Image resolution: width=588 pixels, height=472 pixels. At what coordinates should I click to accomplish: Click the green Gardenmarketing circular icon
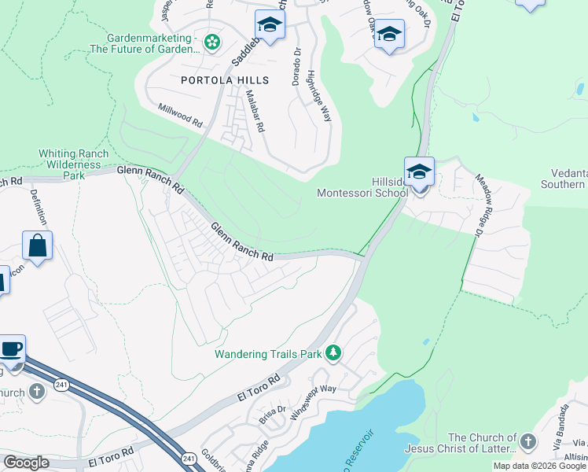[x=212, y=42]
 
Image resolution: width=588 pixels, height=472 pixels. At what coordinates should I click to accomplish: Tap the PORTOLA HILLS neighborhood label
[x=225, y=80]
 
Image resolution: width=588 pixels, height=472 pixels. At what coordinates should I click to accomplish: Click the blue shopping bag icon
[x=37, y=246]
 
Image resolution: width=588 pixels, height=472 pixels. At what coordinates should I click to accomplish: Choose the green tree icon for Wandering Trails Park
[x=333, y=352]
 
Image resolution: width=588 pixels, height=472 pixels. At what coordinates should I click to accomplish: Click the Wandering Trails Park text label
[x=269, y=354]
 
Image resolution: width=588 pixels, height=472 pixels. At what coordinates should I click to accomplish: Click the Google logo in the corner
[x=26, y=463]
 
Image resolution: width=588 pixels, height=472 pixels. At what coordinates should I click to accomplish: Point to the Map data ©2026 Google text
[x=539, y=466]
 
